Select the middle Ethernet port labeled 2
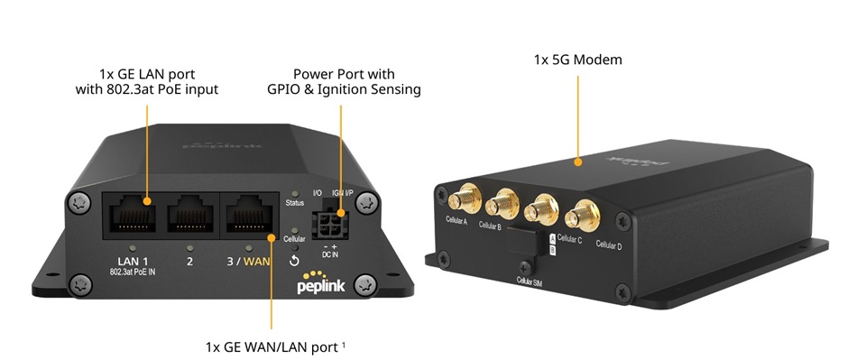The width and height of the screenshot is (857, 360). pos(189,217)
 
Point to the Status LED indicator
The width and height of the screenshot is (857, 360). pos(295,195)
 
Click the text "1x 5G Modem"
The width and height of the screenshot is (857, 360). pos(577,60)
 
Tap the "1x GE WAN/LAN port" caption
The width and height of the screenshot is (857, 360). pos(269,346)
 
